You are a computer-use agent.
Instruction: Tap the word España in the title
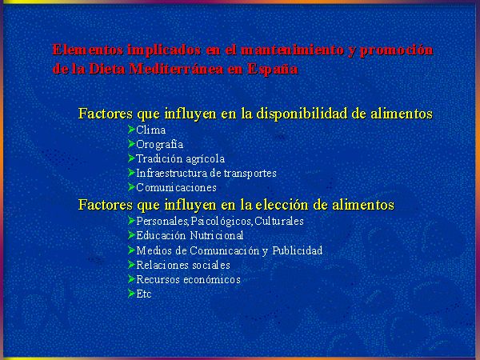point(273,70)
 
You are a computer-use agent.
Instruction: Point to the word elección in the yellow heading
point(282,204)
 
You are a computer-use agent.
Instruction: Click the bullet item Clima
point(151,130)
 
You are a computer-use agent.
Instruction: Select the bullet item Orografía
point(159,145)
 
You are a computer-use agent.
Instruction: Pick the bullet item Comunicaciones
point(176,187)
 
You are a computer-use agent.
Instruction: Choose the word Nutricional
point(217,235)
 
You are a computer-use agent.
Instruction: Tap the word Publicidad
point(298,250)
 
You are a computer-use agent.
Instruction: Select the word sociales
point(211,265)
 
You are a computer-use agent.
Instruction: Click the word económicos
point(212,279)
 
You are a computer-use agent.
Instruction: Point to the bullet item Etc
point(143,294)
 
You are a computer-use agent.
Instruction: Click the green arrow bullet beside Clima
point(132,130)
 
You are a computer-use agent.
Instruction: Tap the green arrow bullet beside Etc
point(132,294)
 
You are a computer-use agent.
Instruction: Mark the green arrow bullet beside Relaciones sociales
point(132,264)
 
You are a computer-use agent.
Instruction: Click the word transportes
point(250,174)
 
